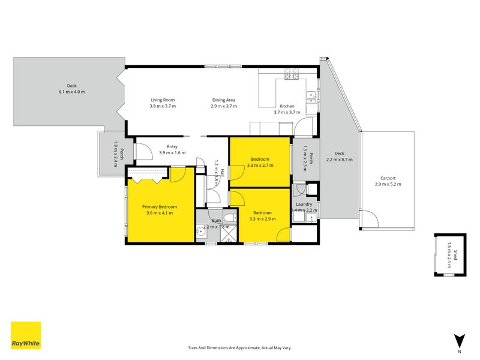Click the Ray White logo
pos(26,335)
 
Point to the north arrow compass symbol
pos(459,340)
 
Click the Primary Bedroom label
pos(159,206)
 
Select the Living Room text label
pos(162,100)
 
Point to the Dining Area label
pos(223,100)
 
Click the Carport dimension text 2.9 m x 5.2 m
pos(388,184)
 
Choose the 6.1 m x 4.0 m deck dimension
pos(72,92)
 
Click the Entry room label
pos(172,146)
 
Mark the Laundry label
pos(304,205)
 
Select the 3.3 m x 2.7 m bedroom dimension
pos(260,165)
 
